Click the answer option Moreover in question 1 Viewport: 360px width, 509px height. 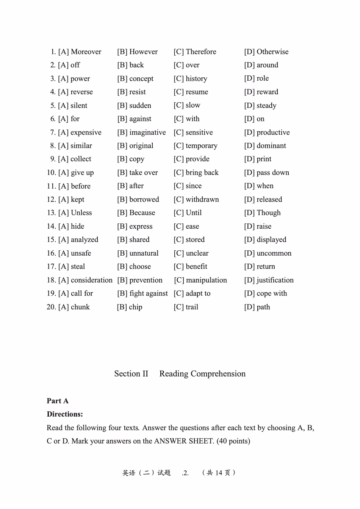pos(86,52)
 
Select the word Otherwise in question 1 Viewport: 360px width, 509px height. pos(272,52)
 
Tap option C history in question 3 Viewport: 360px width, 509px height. pos(196,79)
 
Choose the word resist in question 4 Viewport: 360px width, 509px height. pos(137,92)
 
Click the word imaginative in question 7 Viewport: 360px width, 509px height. pos(147,133)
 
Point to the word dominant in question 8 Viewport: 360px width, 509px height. pos(271,146)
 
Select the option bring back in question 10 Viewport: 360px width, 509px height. pos(202,173)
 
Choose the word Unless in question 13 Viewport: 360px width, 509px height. pos(81,213)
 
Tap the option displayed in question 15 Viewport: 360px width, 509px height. pos(271,240)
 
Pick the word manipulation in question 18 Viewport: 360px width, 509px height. pos(206,280)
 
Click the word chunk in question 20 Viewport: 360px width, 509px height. pos(80,307)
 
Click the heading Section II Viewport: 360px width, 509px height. pos(131,374)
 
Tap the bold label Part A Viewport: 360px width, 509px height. pos(58,401)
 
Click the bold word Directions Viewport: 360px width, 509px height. pos(65,414)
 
